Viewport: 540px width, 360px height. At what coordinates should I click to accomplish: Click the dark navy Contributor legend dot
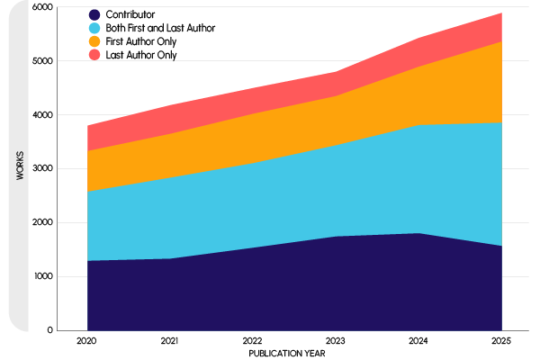94,15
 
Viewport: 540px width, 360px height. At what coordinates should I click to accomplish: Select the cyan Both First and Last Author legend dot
94,29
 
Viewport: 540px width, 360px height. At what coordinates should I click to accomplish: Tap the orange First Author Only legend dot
94,41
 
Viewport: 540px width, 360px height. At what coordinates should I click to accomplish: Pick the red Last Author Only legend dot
94,55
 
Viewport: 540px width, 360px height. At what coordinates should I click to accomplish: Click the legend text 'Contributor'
130,15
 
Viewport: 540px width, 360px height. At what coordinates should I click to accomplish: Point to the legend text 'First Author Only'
147,41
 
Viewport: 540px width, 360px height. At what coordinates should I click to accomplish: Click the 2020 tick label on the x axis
87,342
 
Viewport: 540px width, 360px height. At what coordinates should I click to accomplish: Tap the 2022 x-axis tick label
253,342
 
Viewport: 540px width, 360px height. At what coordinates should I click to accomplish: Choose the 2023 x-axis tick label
336,342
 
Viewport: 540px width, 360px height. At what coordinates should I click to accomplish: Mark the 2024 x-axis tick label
418,342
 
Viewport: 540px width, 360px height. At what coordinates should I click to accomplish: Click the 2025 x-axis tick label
501,342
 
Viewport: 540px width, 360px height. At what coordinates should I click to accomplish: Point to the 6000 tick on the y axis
41,7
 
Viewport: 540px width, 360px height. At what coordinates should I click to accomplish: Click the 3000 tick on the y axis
41,169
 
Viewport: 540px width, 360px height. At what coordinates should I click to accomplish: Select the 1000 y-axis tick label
41,276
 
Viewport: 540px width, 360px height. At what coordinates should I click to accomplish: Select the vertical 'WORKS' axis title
20,168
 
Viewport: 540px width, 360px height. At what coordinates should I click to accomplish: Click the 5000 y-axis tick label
41,61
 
